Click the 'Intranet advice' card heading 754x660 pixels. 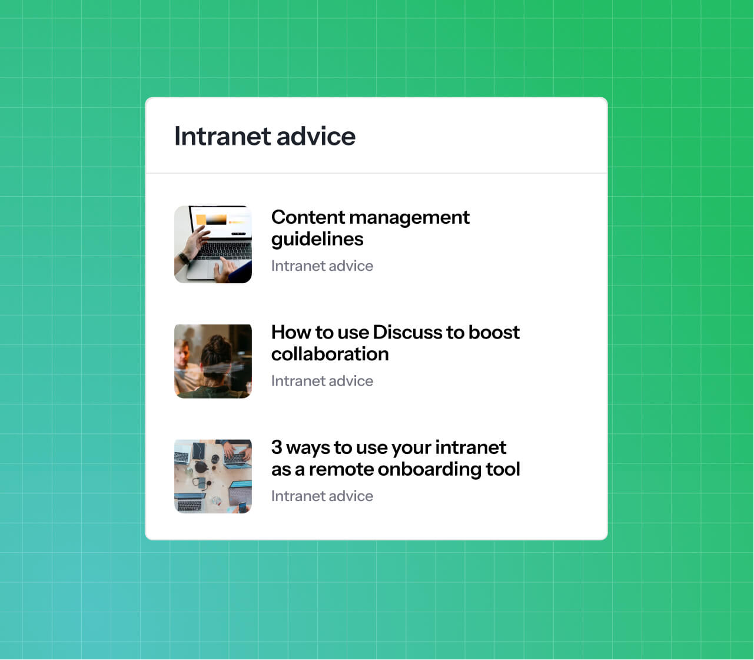265,136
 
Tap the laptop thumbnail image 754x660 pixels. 213,244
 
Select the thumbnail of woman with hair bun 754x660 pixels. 213,361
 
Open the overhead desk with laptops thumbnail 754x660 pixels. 213,476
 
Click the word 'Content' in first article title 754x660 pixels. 308,217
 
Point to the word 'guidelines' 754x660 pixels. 317,239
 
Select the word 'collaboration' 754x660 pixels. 330,354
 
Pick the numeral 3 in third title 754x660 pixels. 277,447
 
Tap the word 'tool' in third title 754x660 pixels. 503,469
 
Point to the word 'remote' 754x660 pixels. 341,469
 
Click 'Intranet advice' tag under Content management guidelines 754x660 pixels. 322,266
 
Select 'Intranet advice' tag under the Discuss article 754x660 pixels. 322,381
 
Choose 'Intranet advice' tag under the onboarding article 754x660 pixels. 322,496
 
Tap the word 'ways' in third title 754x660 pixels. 308,448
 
